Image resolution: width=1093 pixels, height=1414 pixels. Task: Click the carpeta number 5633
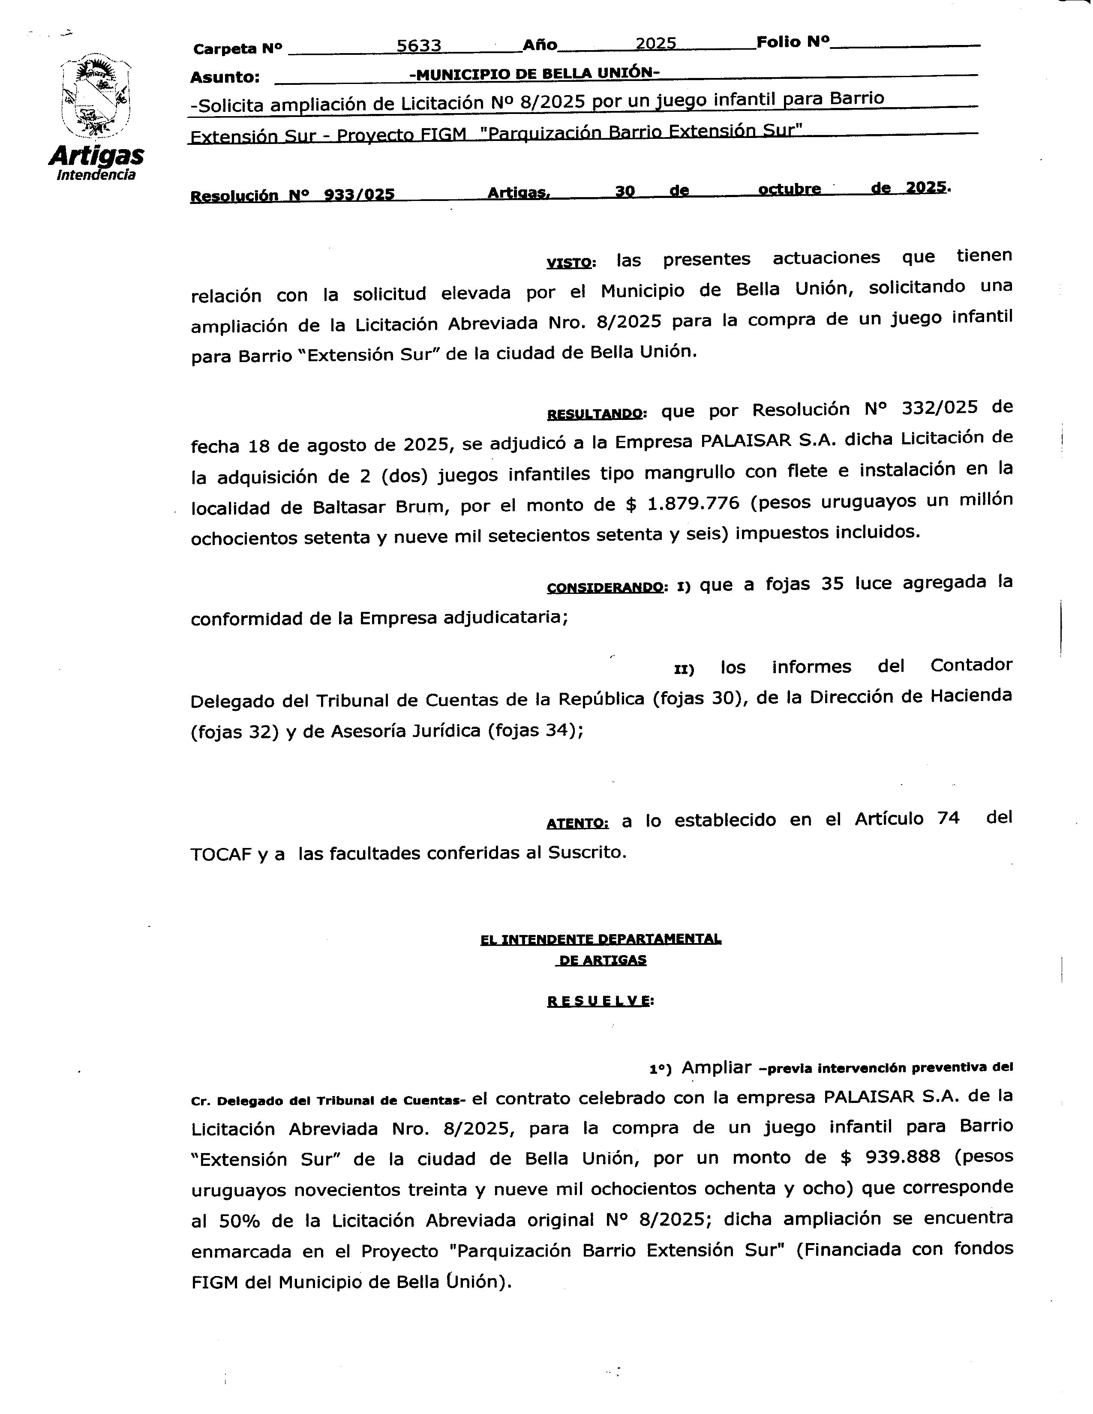tap(419, 45)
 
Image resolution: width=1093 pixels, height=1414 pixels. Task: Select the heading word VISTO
tap(569, 263)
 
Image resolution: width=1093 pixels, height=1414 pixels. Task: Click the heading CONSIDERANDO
tap(605, 588)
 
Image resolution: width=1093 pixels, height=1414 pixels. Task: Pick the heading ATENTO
tap(577, 824)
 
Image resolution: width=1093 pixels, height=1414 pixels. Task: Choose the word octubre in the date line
tap(789, 189)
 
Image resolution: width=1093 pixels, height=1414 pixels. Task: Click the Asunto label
tap(225, 78)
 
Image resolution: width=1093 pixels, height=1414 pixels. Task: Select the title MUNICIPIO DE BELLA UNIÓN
tap(534, 73)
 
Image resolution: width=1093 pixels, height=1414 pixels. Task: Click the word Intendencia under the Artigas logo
tap(96, 175)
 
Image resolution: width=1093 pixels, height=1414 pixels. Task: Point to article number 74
tap(948, 819)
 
